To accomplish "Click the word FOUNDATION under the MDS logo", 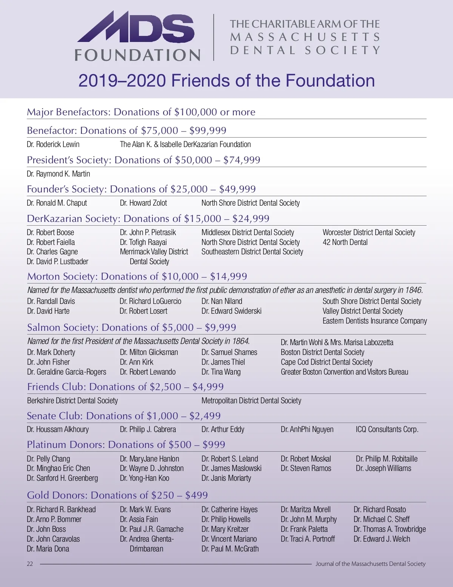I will [x=138, y=55].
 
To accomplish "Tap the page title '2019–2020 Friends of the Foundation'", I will [x=226, y=81].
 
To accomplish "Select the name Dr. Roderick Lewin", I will [x=53, y=144].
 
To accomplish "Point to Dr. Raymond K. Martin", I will [x=59, y=174].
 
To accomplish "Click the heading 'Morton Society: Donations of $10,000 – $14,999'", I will [x=137, y=276].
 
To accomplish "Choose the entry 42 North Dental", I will [x=345, y=242].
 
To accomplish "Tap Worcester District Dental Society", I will [x=369, y=232].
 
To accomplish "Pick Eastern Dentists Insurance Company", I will [x=374, y=321].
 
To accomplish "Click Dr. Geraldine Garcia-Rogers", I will [x=67, y=372].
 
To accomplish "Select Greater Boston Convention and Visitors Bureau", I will [x=344, y=372].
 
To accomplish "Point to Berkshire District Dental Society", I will [x=72, y=401].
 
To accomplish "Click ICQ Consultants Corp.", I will [x=387, y=429].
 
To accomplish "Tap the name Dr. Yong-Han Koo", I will [x=145, y=478].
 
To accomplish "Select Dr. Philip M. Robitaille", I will [x=387, y=459].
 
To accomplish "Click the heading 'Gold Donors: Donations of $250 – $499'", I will [x=117, y=495].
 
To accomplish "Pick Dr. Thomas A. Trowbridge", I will [x=390, y=529].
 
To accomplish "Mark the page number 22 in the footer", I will [x=30, y=564].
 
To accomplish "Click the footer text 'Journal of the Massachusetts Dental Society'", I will [x=370, y=564].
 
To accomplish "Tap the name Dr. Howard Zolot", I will [x=143, y=203].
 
